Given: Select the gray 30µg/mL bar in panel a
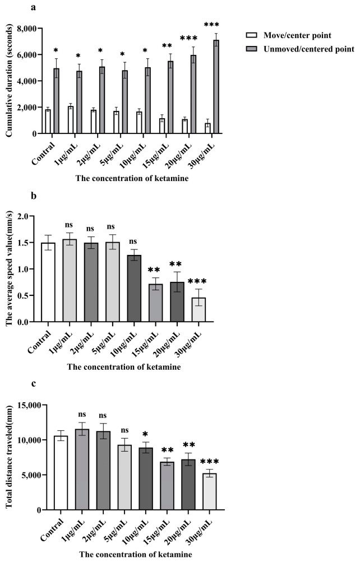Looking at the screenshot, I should [x=215, y=87].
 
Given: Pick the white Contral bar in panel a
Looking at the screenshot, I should [x=48, y=122].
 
